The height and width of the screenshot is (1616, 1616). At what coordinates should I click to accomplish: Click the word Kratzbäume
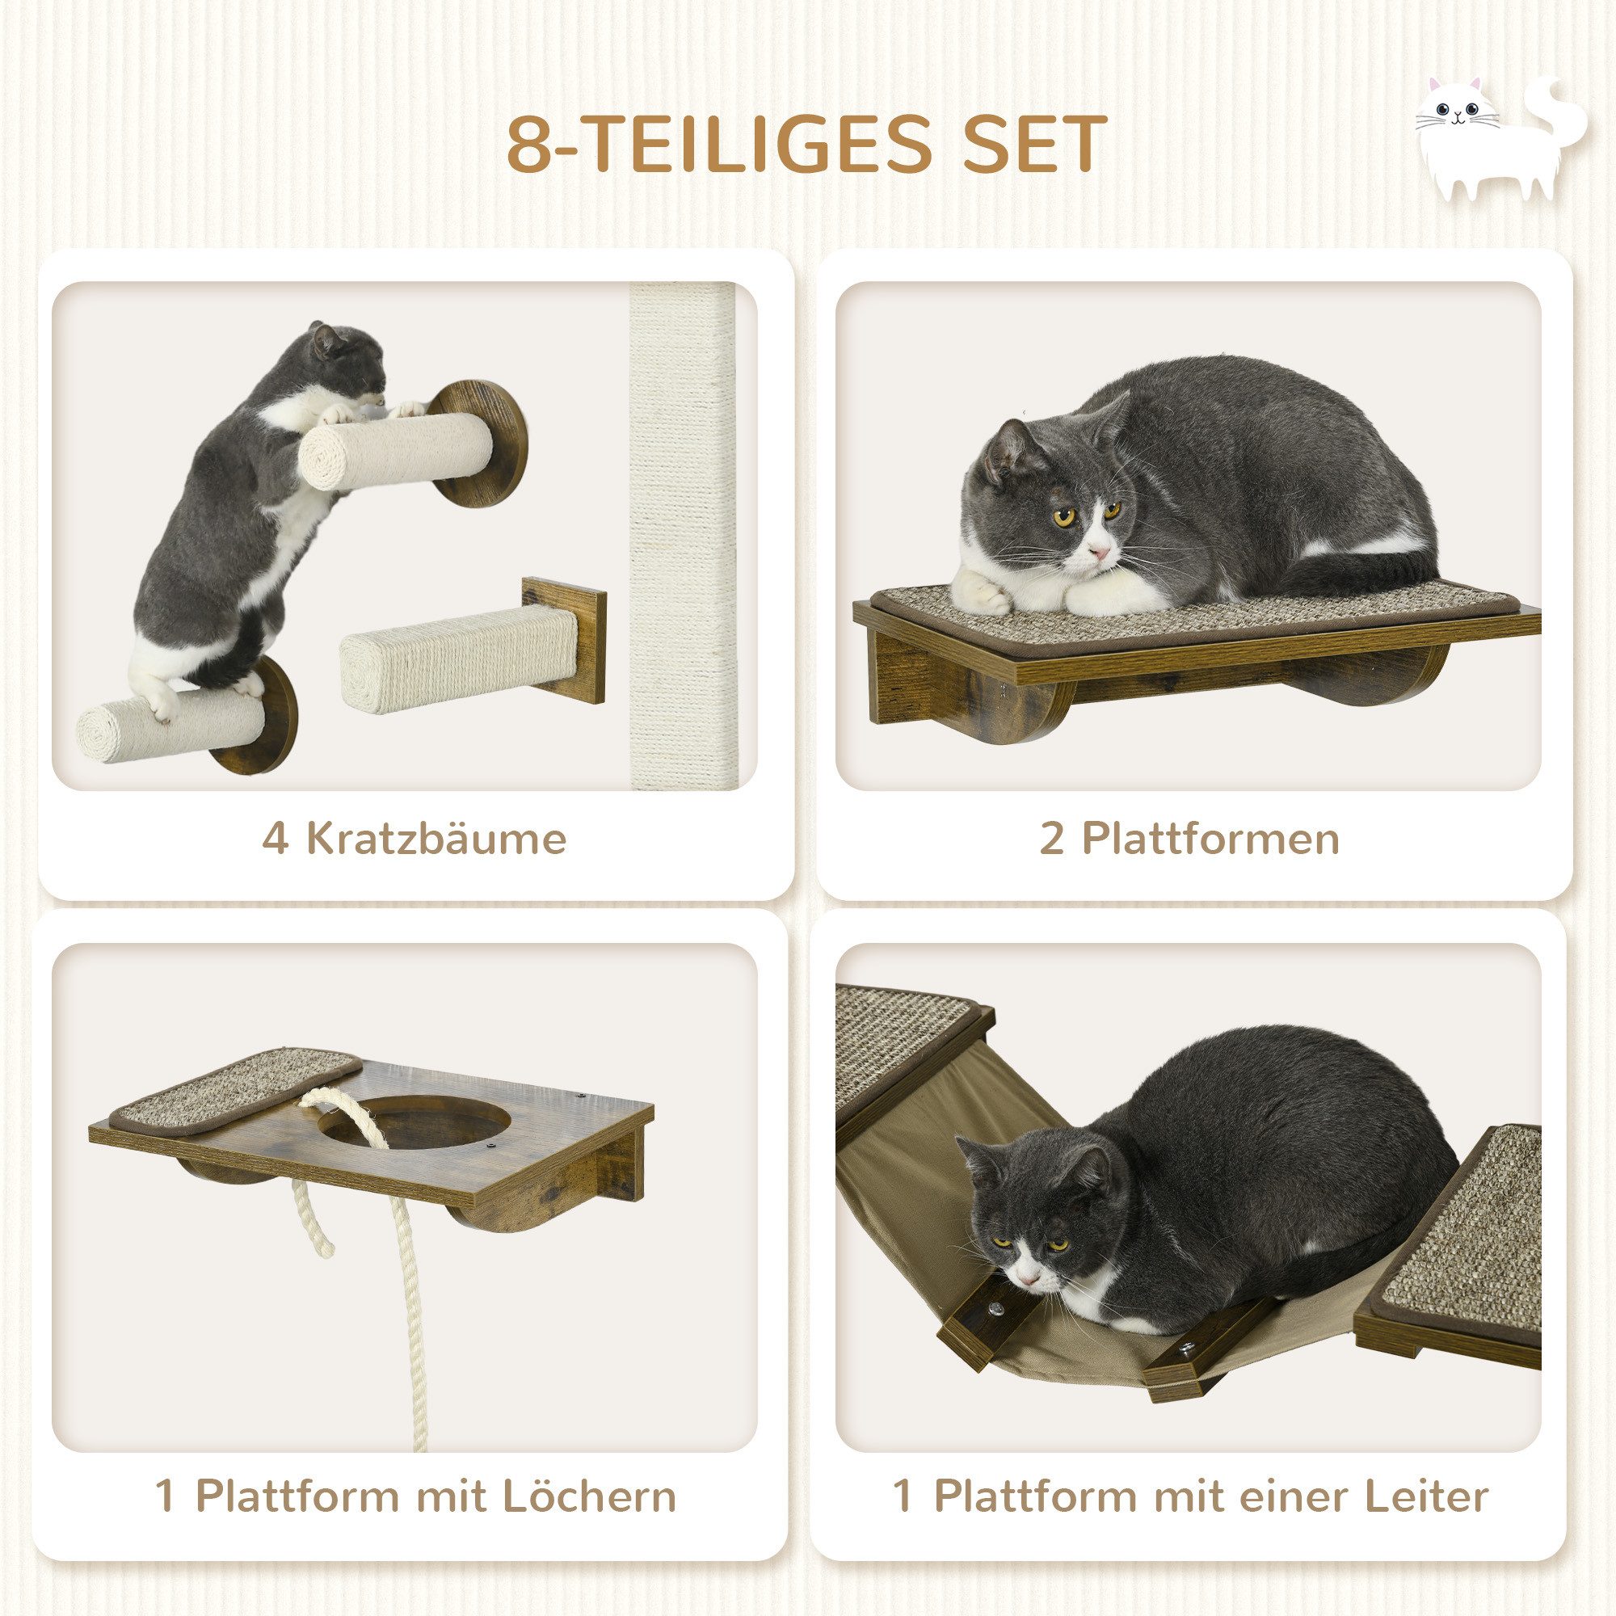click(436, 838)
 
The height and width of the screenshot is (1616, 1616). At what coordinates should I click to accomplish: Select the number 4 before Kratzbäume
click(276, 838)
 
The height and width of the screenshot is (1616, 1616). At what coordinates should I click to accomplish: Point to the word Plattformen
click(1210, 838)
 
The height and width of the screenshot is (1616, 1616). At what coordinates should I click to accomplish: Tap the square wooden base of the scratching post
click(566, 641)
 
